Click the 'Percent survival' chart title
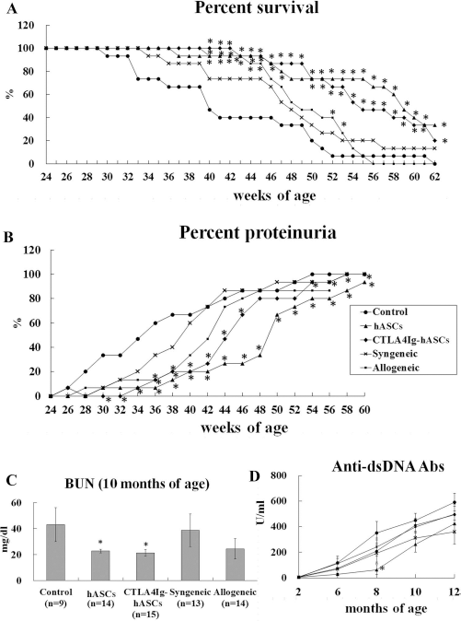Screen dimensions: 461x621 (257, 7)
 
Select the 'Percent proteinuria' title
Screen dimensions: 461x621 (258, 232)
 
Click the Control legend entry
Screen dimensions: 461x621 (384, 311)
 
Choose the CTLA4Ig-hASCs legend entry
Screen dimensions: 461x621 (402, 339)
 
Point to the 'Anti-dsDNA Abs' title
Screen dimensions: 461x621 (388, 466)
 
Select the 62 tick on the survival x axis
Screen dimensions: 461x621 (435, 177)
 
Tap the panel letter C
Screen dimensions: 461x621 (12, 480)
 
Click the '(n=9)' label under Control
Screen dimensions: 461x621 (55, 603)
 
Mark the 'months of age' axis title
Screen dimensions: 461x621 (386, 607)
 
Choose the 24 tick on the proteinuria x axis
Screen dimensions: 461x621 (51, 409)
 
